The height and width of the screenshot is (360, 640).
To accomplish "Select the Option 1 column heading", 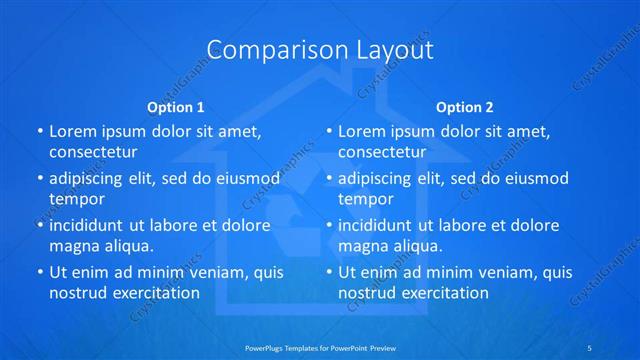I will click(x=176, y=107).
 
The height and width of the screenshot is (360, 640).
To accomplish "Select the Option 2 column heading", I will click(x=465, y=107).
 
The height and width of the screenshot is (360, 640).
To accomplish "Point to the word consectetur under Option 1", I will click(x=93, y=152).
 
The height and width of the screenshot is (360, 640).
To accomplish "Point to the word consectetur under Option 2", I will click(x=382, y=152).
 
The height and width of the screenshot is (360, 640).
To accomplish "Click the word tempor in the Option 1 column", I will click(x=76, y=198).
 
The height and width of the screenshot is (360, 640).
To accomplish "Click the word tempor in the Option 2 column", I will click(x=365, y=198).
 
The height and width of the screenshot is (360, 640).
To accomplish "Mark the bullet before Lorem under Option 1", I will click(x=40, y=131).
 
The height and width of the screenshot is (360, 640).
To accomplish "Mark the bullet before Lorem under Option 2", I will click(x=329, y=131).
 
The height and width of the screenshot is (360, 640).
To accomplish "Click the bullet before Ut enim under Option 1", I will click(x=40, y=272).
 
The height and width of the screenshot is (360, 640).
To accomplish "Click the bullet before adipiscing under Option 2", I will click(x=329, y=179).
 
